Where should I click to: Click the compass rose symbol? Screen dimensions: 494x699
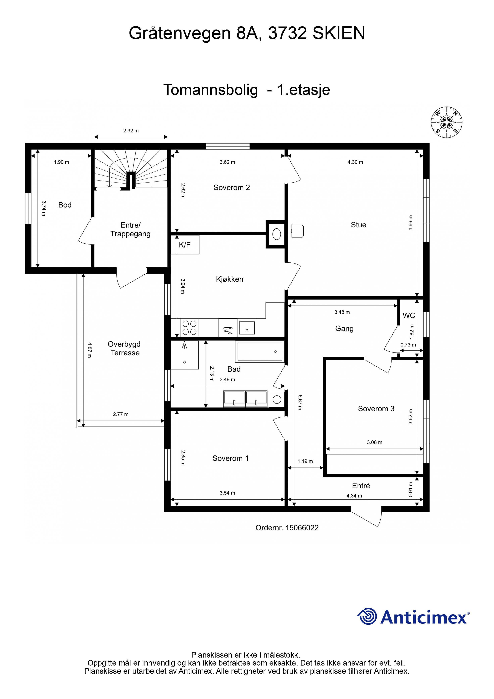[x=447, y=122]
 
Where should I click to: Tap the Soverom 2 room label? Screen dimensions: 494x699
[x=232, y=188]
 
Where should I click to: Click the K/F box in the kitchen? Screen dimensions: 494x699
[x=185, y=244]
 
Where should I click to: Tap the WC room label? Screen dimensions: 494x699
[x=409, y=315]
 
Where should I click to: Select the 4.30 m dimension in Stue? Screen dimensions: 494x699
[x=355, y=162]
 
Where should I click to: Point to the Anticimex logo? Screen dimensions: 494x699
[x=413, y=617]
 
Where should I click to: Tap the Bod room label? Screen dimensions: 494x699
[x=65, y=205]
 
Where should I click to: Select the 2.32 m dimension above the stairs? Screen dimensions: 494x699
[x=131, y=131]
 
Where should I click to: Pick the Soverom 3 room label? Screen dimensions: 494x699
[x=376, y=408]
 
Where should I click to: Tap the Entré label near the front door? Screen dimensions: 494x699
[x=361, y=486]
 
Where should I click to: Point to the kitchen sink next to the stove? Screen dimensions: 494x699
[x=247, y=328]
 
